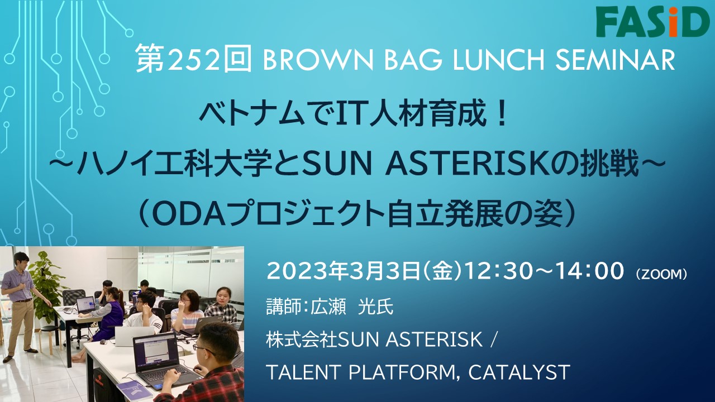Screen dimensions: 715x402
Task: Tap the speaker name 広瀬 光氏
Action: (x=352, y=307)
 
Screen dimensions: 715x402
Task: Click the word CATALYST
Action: (x=519, y=372)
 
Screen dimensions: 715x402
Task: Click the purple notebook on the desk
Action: (x=135, y=390)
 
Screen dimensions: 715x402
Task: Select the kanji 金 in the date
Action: (x=442, y=272)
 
